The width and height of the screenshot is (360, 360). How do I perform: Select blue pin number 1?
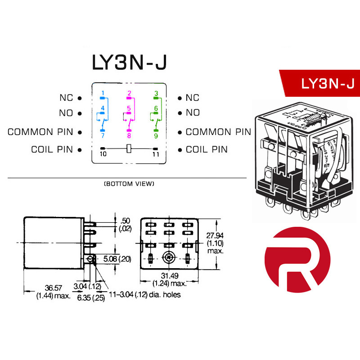click(103, 94)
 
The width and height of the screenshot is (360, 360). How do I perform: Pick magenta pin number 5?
click(129, 108)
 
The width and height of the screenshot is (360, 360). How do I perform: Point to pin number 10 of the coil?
click(103, 154)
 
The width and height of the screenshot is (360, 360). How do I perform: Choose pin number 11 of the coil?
click(156, 154)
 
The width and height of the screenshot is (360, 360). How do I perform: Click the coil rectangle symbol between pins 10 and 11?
click(130, 148)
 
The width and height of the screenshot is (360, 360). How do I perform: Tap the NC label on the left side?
click(66, 98)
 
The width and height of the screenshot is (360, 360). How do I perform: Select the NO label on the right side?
click(193, 113)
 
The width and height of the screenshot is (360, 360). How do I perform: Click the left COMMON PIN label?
click(40, 132)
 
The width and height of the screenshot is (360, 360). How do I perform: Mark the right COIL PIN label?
click(207, 149)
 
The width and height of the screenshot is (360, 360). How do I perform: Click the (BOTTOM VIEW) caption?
click(129, 184)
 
